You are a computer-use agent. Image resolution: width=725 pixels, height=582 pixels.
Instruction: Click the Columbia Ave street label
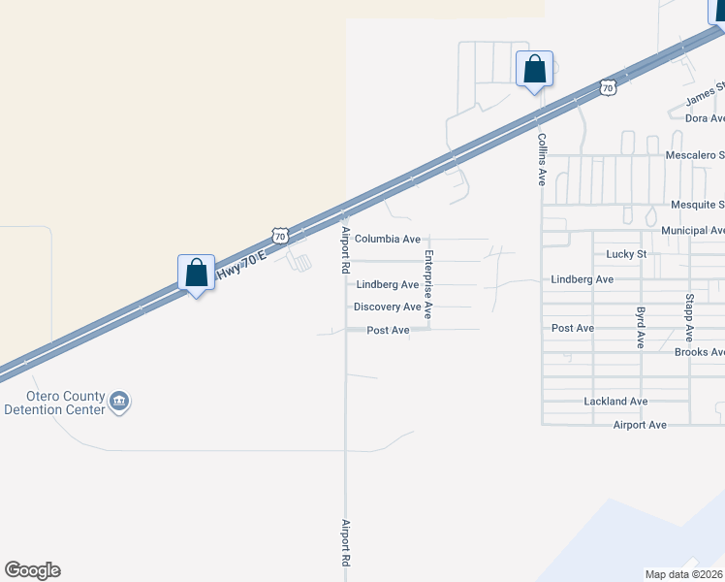(387, 239)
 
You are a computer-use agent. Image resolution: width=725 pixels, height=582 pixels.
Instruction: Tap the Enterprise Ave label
(427, 284)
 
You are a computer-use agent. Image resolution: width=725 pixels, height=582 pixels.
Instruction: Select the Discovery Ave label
(387, 307)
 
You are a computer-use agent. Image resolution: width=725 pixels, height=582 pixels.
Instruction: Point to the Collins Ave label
(543, 160)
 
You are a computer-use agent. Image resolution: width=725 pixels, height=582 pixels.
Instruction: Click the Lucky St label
(626, 254)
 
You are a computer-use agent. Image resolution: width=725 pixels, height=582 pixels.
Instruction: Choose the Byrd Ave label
(641, 328)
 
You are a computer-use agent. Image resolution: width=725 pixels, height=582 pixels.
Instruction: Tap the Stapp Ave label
(689, 317)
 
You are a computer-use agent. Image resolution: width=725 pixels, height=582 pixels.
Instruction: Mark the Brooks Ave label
(699, 352)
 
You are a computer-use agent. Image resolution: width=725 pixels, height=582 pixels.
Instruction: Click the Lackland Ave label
(615, 402)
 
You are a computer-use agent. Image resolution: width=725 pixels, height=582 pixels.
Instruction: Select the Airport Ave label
(640, 425)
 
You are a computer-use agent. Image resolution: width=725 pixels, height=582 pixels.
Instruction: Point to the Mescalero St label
(695, 155)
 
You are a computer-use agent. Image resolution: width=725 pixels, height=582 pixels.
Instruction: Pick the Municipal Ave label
(693, 231)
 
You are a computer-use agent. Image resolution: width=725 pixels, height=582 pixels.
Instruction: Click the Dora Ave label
(705, 118)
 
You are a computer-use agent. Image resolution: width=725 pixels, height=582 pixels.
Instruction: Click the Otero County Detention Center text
(54, 404)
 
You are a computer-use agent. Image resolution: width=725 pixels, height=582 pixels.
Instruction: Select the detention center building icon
(120, 402)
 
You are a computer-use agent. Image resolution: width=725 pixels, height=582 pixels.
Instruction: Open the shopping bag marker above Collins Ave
(534, 70)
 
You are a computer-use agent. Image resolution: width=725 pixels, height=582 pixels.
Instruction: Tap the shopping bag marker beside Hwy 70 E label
(197, 274)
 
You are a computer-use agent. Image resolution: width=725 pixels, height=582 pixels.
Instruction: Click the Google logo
(32, 570)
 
